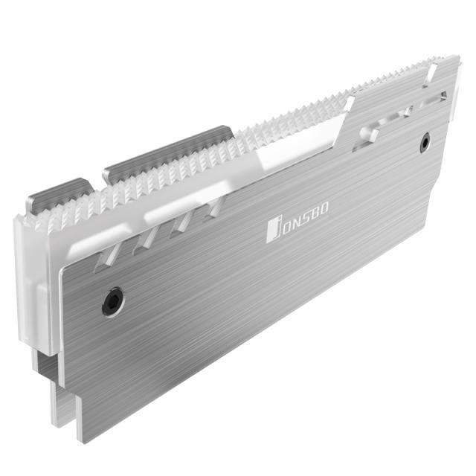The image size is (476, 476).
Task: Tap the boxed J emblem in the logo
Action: pos(273,231)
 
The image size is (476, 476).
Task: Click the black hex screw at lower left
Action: pos(113,302)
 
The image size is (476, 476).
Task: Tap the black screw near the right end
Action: pos(425,142)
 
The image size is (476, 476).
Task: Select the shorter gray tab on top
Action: pos(59,193)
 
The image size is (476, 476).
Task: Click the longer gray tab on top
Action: pos(169,154)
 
